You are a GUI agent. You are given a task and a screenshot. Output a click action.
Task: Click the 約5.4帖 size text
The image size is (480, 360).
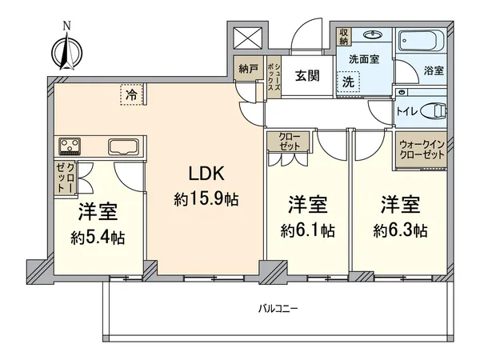click(98, 238)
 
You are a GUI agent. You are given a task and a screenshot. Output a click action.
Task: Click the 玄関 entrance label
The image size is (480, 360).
click(306, 76)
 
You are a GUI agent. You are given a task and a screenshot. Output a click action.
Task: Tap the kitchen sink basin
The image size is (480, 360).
click(124, 146)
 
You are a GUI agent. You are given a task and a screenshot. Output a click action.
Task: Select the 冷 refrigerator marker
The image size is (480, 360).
click(131, 94)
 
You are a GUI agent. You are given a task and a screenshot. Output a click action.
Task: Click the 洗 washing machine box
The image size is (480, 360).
click(348, 81)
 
